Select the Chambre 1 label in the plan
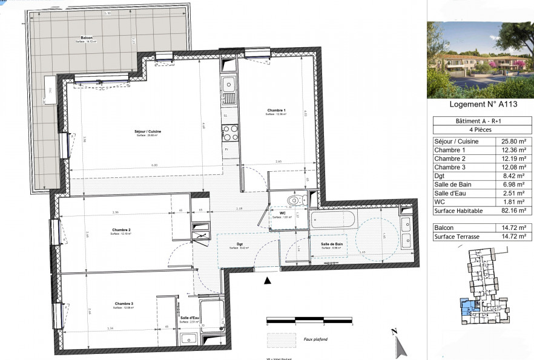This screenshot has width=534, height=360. [276, 110]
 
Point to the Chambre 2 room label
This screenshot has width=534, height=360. [122, 229]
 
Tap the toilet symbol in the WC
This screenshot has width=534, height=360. [294, 200]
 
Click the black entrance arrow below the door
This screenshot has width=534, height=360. [268, 280]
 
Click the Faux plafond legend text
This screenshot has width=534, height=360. [315, 339]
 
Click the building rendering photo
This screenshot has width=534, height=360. [480, 59]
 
